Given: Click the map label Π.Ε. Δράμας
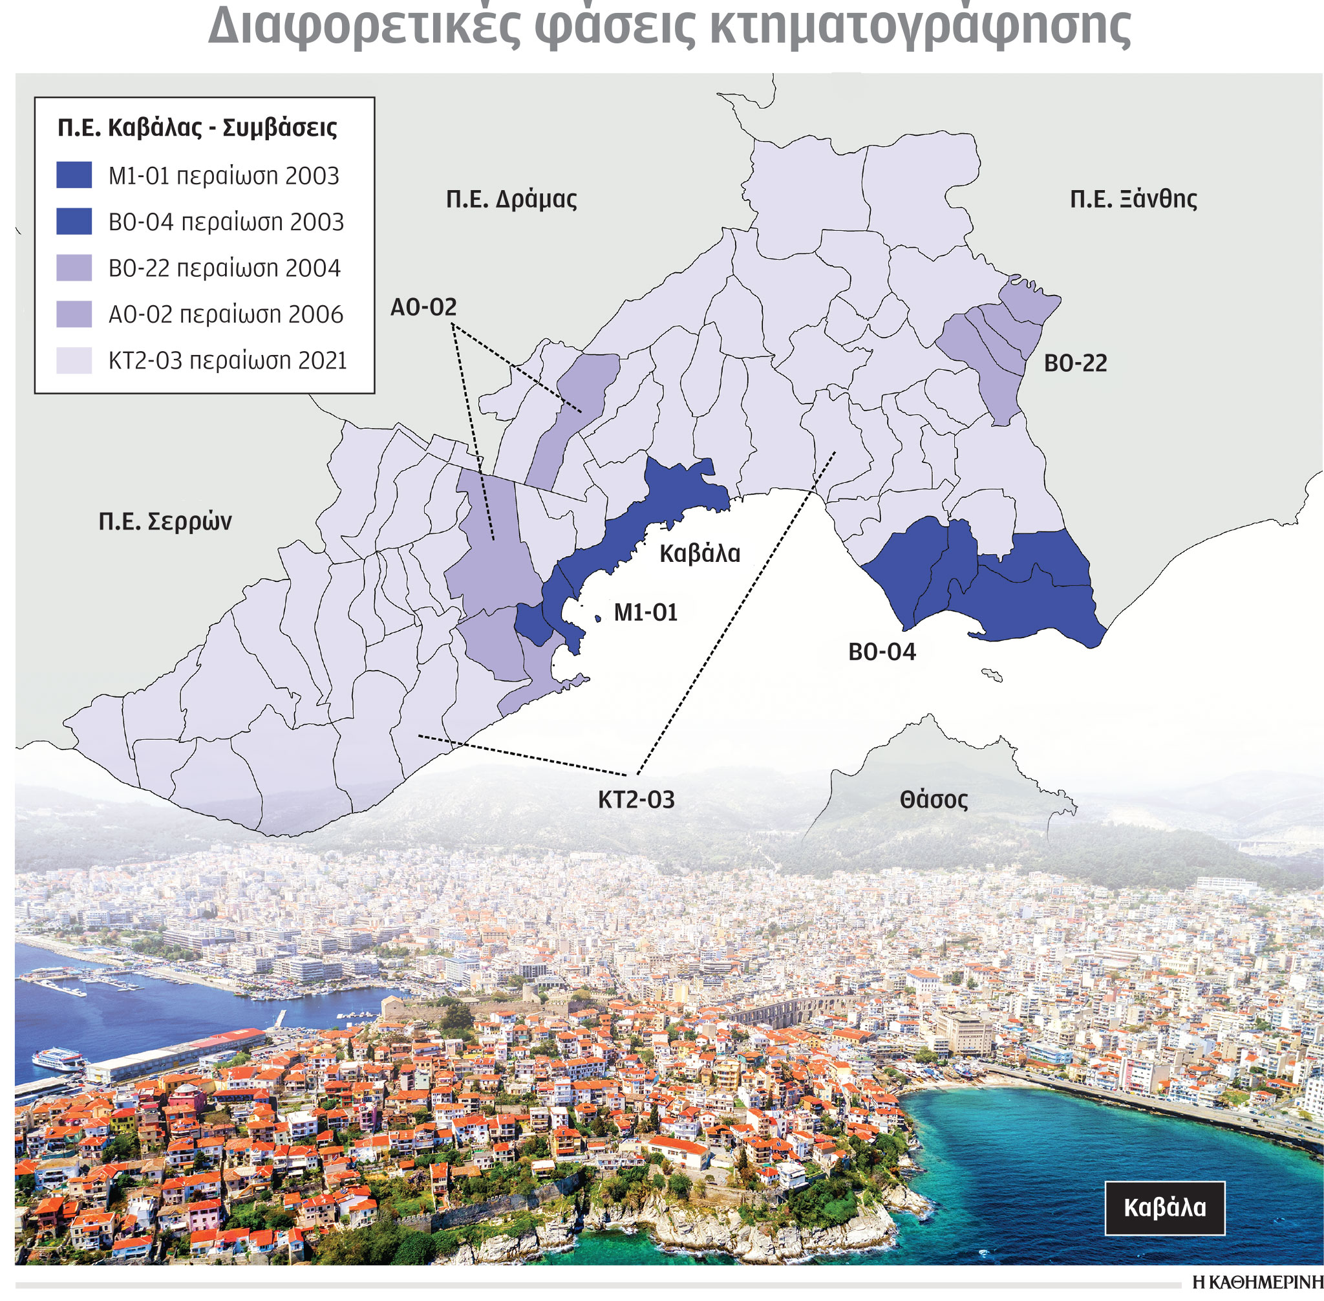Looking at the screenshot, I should point(511,200).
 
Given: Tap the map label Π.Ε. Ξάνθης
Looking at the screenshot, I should point(1133,200).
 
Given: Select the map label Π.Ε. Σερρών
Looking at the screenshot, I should point(165,522).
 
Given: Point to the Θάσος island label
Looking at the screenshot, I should point(934,800).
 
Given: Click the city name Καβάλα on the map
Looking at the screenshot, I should point(699,554).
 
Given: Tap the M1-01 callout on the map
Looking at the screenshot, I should point(645,613).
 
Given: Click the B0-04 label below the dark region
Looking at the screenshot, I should point(881,652).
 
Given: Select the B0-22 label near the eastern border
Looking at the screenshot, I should point(1074,363).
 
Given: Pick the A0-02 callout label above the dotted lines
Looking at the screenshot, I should point(423,308).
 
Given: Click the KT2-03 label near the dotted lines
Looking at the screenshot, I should point(635,800).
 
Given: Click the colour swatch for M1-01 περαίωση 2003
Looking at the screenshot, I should point(74,176).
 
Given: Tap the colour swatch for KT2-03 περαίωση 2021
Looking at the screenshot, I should point(74,360).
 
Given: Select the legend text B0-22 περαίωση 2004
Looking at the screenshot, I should point(224,268).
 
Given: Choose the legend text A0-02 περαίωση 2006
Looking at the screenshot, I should point(226,314).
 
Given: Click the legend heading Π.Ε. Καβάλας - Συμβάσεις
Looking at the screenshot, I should point(197,128).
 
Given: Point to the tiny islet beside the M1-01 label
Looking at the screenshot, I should point(598,618).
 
